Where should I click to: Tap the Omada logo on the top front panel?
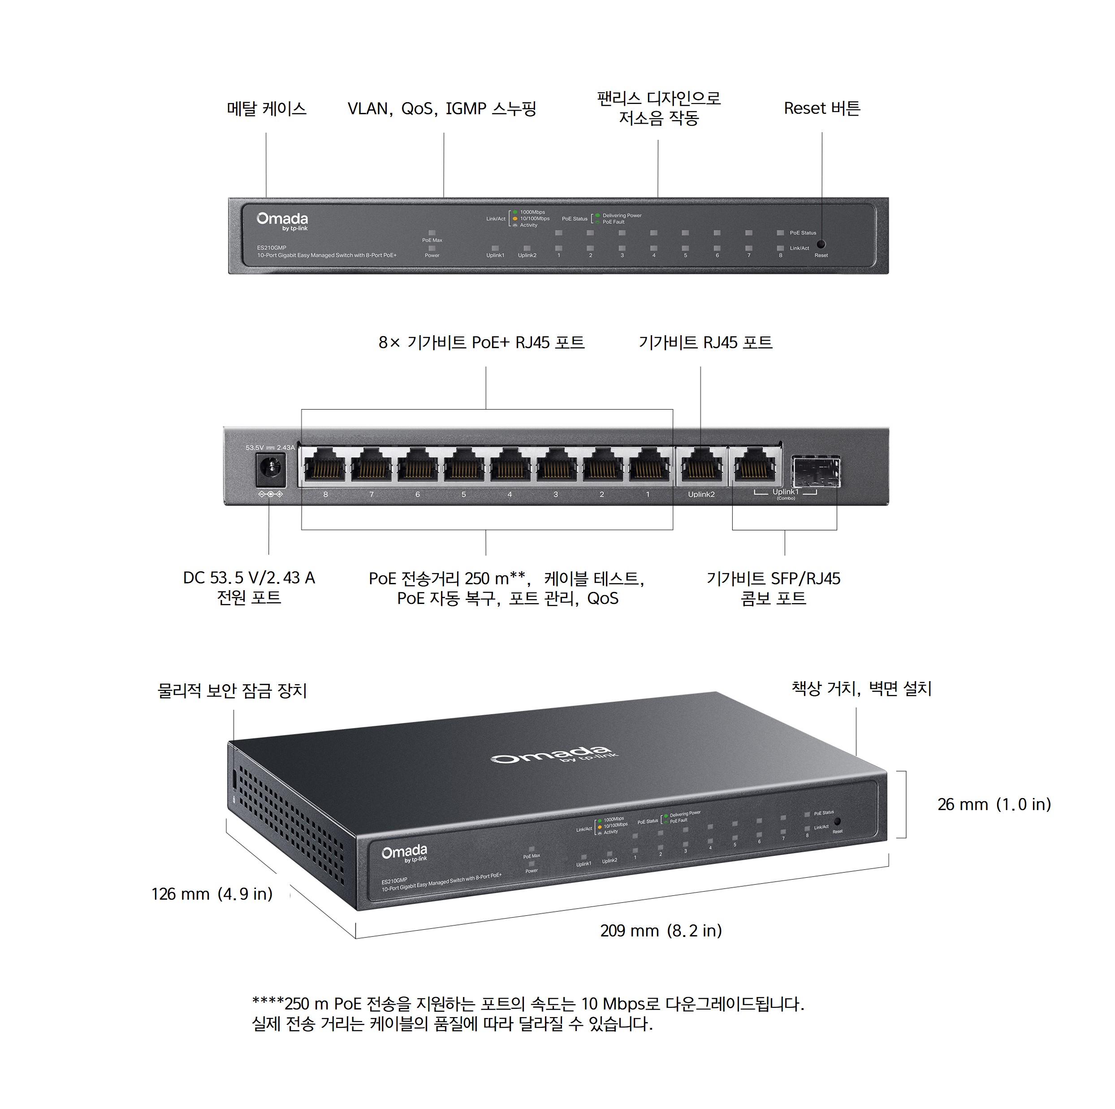pyautogui.click(x=282, y=220)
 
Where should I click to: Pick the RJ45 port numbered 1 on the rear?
pyautogui.click(x=648, y=465)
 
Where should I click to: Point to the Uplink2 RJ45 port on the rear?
pyautogui.click(x=701, y=465)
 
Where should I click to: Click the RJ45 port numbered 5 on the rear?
pyautogui.click(x=463, y=465)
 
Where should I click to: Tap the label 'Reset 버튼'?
pyautogui.click(x=821, y=108)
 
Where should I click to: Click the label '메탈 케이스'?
pyautogui.click(x=266, y=108)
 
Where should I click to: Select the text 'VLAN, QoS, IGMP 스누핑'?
pyautogui.click(x=441, y=108)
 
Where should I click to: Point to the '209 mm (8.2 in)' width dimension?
pyautogui.click(x=661, y=931)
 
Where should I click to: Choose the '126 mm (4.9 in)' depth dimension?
pyautogui.click(x=212, y=894)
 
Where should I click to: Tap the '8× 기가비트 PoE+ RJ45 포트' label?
pyautogui.click(x=481, y=343)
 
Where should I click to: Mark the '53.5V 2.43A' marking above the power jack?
pyautogui.click(x=269, y=448)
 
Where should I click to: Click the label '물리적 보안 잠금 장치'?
pyautogui.click(x=232, y=690)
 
